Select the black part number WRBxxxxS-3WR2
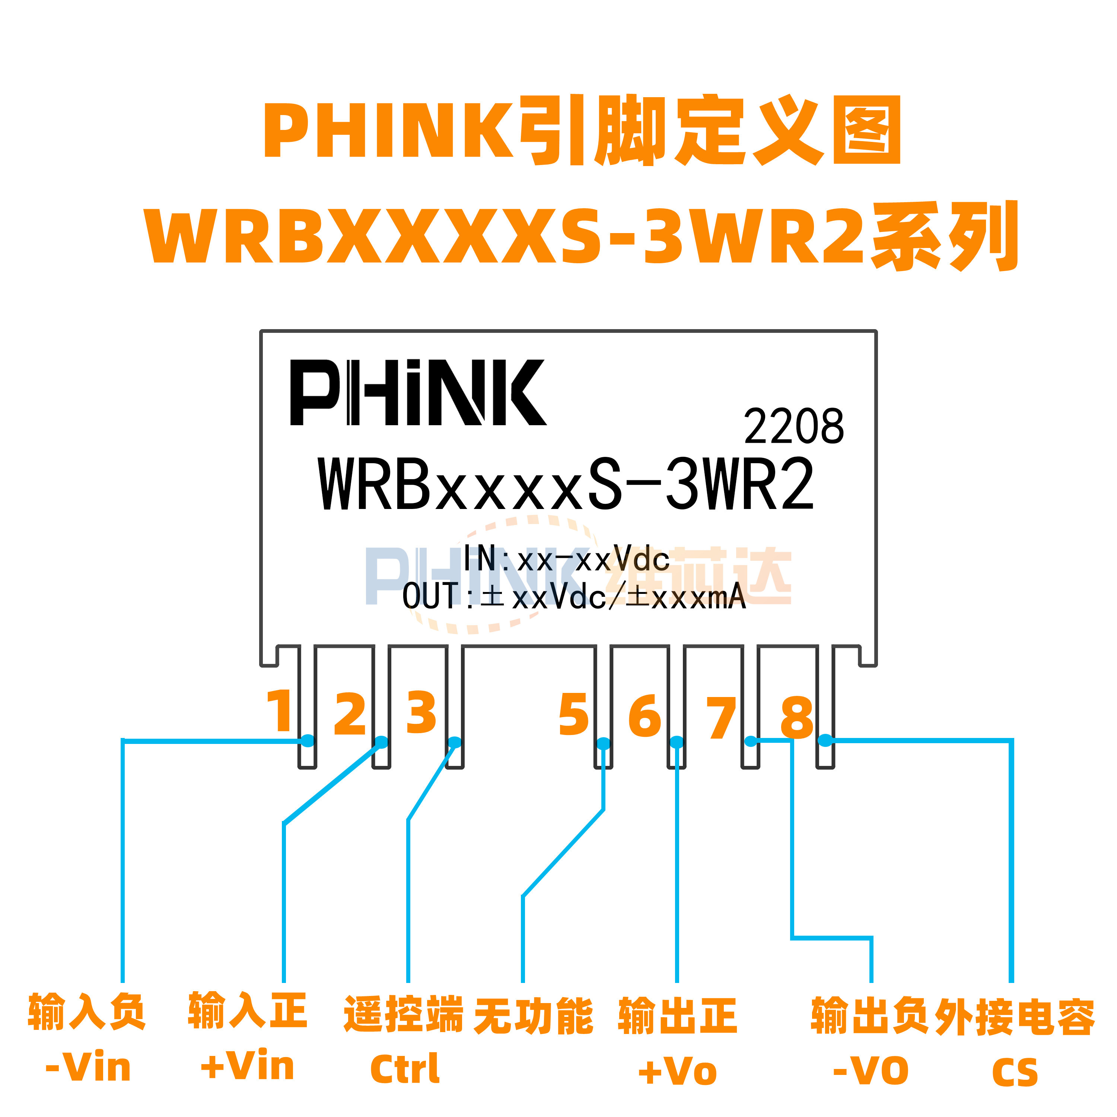pyautogui.click(x=566, y=484)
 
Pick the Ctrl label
pyautogui.click(x=405, y=1069)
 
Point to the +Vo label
pyautogui.click(x=677, y=1071)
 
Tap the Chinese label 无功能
pyautogui.click(x=533, y=1016)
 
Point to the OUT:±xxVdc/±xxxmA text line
pyautogui.click(x=573, y=596)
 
